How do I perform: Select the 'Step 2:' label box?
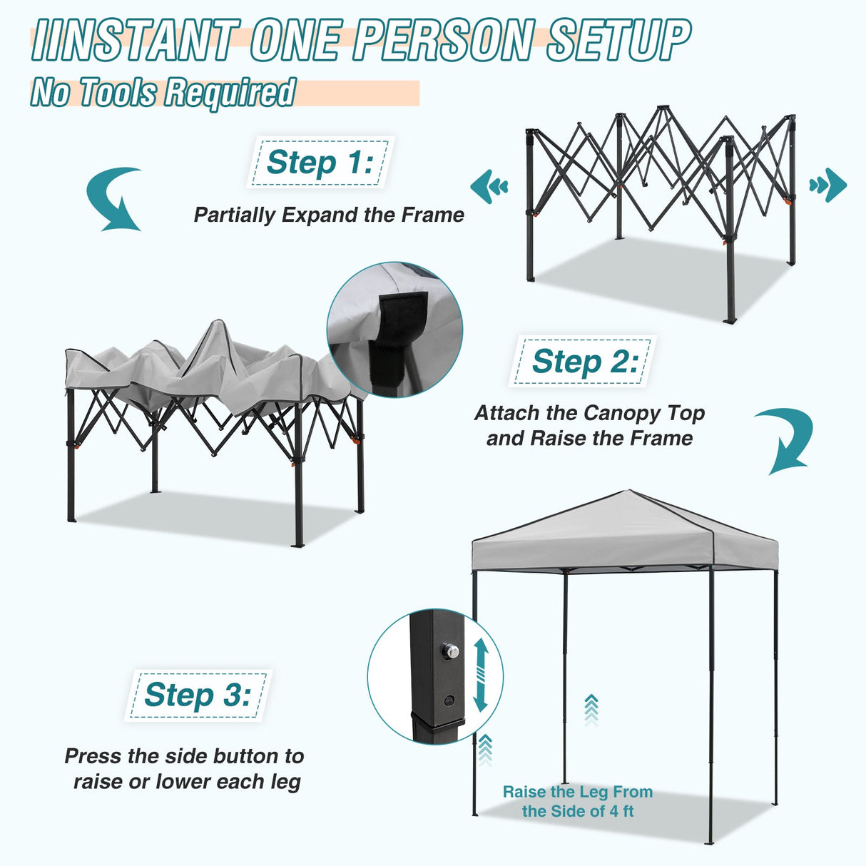pyautogui.click(x=584, y=362)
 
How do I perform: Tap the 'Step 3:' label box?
pyautogui.click(x=198, y=695)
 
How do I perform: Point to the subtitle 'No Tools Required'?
pyautogui.click(x=163, y=93)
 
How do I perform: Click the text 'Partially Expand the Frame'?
pyautogui.click(x=329, y=215)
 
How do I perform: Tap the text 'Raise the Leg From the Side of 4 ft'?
pyautogui.click(x=577, y=801)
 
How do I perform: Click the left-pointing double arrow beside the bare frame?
pyautogui.click(x=489, y=186)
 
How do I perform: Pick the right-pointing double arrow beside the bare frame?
pyautogui.click(x=828, y=185)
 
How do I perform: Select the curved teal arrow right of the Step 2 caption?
pyautogui.click(x=785, y=441)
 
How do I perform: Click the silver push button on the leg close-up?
pyautogui.click(x=449, y=651)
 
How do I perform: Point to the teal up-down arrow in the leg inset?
pyautogui.click(x=480, y=674)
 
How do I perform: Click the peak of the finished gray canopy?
pyautogui.click(x=628, y=491)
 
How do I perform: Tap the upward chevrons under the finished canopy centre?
pyautogui.click(x=591, y=709)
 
